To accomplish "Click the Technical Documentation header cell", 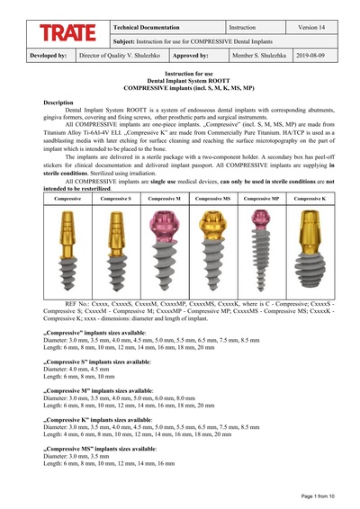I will [145, 29].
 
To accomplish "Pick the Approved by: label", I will [191, 55].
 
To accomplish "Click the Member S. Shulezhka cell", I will [259, 55].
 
